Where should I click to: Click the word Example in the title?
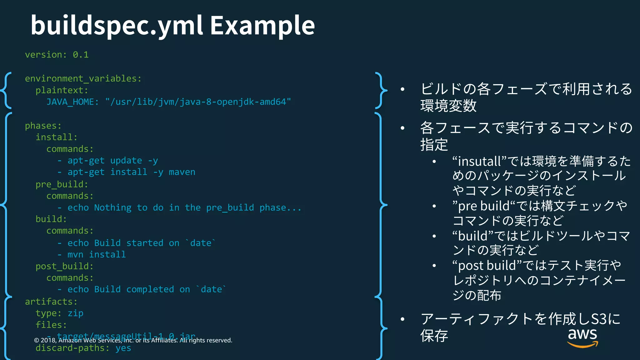click(262, 26)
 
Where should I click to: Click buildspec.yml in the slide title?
click(117, 26)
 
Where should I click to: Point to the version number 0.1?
click(81, 55)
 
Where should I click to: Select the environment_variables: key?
click(83, 78)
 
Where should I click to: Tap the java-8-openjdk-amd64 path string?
click(198, 102)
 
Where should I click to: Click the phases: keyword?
click(43, 126)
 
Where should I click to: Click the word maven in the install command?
click(182, 172)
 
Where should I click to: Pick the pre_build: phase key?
click(62, 184)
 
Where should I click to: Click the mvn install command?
click(97, 255)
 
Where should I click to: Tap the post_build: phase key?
click(64, 266)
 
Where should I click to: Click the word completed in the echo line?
click(150, 289)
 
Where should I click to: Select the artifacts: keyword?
click(51, 302)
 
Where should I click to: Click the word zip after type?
click(75, 313)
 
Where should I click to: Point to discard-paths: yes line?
click(83, 348)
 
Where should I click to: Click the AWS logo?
click(582, 337)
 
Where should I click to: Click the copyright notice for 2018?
click(133, 340)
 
